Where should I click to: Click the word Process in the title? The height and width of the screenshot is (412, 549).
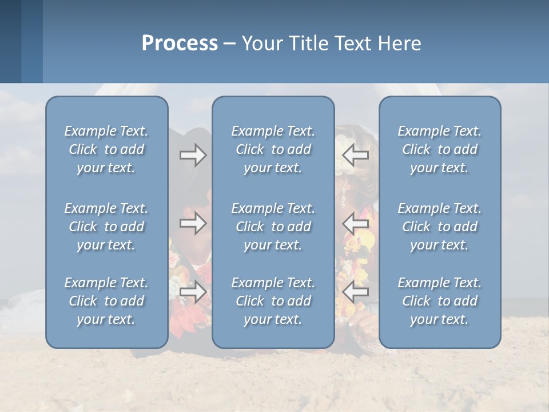coord(180,43)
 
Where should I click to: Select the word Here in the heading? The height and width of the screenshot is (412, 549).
coord(399,43)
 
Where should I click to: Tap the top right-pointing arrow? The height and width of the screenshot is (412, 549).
coord(193,155)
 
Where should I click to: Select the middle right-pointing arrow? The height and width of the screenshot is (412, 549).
coord(193,223)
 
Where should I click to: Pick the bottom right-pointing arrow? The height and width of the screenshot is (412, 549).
coord(193,292)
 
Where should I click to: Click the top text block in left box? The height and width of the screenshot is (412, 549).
coord(106,149)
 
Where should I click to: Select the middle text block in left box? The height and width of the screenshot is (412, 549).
coord(106,227)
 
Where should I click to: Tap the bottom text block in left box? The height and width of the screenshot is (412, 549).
coord(106,301)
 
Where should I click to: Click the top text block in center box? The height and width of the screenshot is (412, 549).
coord(273,149)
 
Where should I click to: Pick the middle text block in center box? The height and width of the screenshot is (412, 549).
coord(273,227)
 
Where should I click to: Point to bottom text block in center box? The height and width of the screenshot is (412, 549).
coord(273,301)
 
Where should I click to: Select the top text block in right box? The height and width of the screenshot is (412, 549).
coord(439,149)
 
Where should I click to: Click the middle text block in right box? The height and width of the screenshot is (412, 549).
coord(439,227)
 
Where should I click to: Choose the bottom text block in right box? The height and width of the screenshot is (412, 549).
coord(439,301)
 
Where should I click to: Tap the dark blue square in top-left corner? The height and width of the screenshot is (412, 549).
coord(10,41)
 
